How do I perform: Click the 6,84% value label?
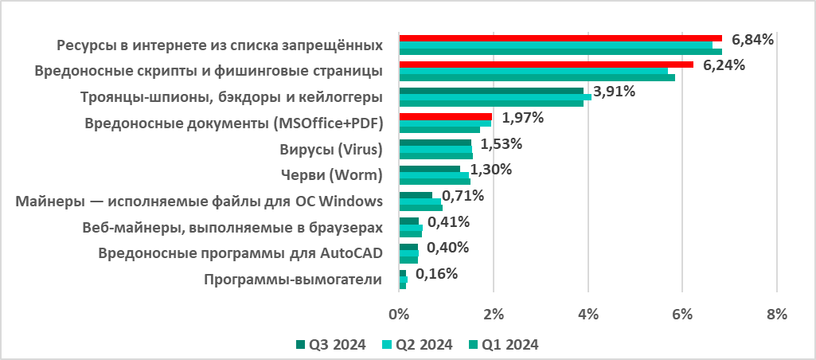[x=752, y=40]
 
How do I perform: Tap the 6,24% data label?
[x=724, y=65]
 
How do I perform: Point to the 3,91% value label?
[x=614, y=92]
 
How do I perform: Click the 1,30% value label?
[x=490, y=170]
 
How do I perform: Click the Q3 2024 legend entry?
[x=330, y=345]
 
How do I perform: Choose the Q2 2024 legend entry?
[x=418, y=345]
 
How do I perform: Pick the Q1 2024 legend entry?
[x=504, y=345]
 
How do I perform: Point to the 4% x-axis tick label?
[x=588, y=314]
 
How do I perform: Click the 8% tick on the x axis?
[x=776, y=314]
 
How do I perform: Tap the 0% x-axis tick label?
[x=399, y=314]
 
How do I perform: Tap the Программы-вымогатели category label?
[x=293, y=280]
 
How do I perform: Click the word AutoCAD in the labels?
[x=352, y=253]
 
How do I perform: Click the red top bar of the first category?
[x=560, y=38]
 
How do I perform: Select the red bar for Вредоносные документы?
[x=445, y=116]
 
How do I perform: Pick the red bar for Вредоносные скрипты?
[x=545, y=65]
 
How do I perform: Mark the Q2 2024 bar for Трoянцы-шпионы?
[x=494, y=97]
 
